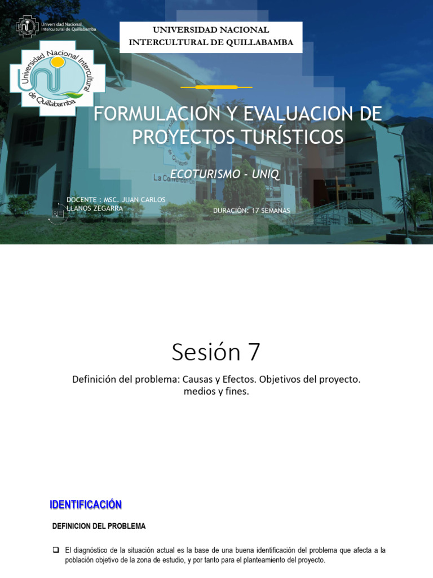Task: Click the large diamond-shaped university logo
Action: (x=57, y=78)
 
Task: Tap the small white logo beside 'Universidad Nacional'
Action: (x=27, y=27)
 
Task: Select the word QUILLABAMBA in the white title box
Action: (x=259, y=42)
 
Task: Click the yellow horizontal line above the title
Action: (x=216, y=87)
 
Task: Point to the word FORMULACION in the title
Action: (x=157, y=113)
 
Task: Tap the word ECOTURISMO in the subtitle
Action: (x=205, y=174)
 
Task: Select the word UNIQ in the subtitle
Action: (x=266, y=174)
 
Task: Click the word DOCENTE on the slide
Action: (x=81, y=200)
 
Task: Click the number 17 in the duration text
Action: (x=255, y=211)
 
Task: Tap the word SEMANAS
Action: (x=276, y=211)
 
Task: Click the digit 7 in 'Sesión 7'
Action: (x=254, y=352)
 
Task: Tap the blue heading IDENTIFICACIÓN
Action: (x=86, y=505)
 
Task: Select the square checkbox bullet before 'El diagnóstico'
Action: (x=56, y=550)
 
